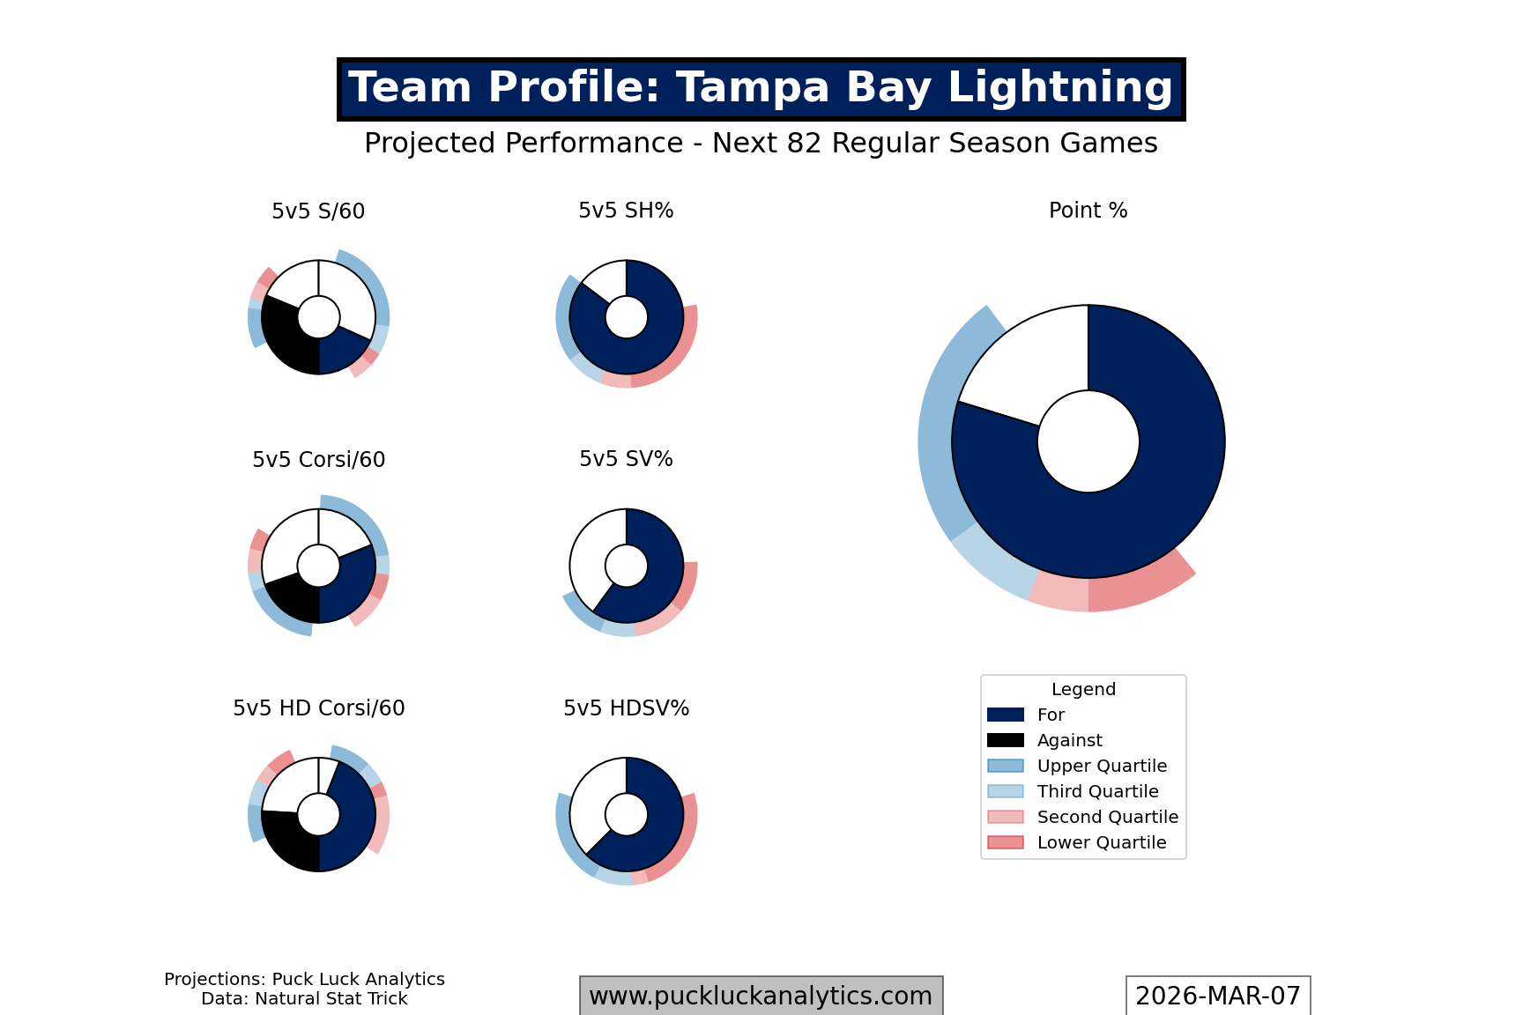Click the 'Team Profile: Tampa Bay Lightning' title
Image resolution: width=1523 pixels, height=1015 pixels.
(761, 89)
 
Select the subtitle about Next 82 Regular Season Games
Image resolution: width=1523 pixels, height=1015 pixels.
(761, 144)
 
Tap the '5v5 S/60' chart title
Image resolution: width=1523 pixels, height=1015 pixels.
(318, 211)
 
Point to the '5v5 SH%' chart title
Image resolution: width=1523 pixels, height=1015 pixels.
(626, 211)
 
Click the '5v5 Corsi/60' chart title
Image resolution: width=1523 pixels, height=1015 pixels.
(318, 460)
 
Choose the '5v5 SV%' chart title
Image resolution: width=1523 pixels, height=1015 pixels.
(626, 459)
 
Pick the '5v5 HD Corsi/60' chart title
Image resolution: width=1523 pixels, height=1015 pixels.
(318, 708)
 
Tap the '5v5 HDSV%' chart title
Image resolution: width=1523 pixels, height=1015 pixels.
(626, 708)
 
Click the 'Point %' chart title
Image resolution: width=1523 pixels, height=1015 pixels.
(1088, 211)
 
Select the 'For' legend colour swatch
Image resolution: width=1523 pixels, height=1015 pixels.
(1006, 715)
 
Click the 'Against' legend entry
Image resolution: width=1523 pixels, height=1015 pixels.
(1069, 741)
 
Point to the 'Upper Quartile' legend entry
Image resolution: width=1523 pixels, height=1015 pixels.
(1101, 767)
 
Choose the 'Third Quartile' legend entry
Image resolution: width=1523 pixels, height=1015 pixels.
(1097, 792)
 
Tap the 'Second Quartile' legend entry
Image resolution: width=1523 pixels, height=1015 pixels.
(1107, 818)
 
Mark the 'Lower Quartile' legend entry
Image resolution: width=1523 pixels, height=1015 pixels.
(1101, 843)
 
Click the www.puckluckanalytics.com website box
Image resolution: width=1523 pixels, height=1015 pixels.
(761, 996)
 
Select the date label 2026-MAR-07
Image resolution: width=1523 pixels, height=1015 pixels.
(1217, 996)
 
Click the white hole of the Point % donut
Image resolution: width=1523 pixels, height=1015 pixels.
(1088, 441)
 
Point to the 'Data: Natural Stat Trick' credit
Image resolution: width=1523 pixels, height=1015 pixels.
(304, 999)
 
